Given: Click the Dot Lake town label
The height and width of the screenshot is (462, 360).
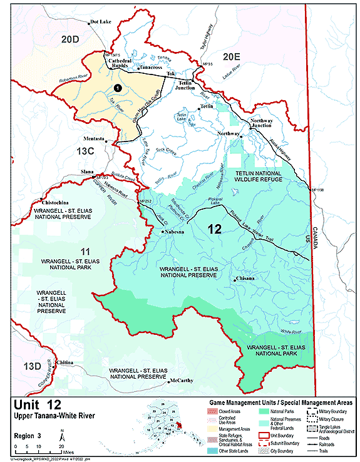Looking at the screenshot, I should click(x=100, y=22).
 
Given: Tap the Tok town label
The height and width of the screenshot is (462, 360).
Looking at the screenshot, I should click(x=171, y=74).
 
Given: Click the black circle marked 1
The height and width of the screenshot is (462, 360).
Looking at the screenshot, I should click(x=117, y=89).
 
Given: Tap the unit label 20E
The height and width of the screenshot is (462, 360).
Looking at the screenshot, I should click(x=232, y=56).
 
